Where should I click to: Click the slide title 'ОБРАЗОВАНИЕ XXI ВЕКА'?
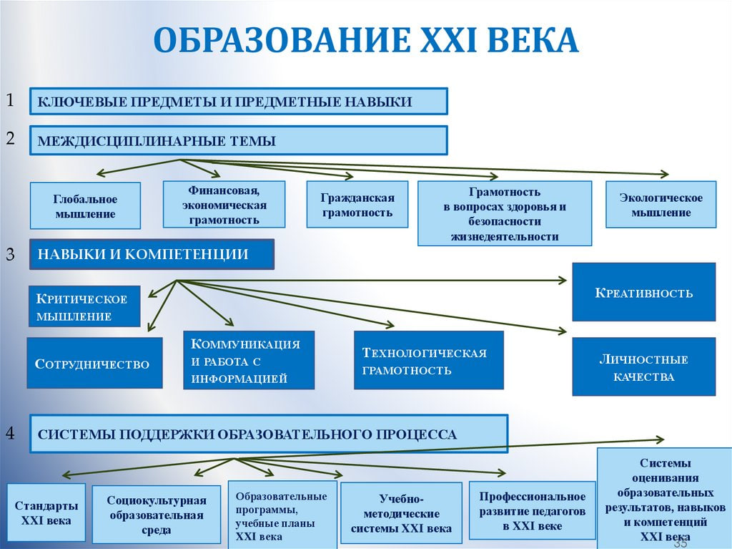[x=366, y=40]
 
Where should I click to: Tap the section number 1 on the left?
[x=10, y=100]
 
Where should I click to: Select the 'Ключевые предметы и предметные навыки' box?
[x=239, y=101]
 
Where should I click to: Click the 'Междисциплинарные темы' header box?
[x=239, y=140]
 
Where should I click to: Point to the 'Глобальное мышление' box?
[x=86, y=205]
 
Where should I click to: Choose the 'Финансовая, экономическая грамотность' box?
[x=224, y=205]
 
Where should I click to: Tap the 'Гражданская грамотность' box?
[x=357, y=205]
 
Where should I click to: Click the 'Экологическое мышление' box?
[x=661, y=205]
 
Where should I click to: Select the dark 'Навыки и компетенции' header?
[x=152, y=254]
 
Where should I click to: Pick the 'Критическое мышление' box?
[x=84, y=306]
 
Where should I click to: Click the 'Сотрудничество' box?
[x=95, y=363]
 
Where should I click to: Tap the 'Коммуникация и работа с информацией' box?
[x=249, y=360]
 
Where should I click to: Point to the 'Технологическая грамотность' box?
[x=429, y=360]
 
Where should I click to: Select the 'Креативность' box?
[x=644, y=292]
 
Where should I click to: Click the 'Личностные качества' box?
[x=644, y=366]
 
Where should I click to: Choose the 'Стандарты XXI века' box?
[x=46, y=512]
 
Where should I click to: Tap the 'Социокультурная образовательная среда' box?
[x=157, y=515]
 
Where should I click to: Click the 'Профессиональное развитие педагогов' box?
[x=532, y=510]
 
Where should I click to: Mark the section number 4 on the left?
[x=10, y=433]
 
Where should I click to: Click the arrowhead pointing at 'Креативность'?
[x=563, y=280]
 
